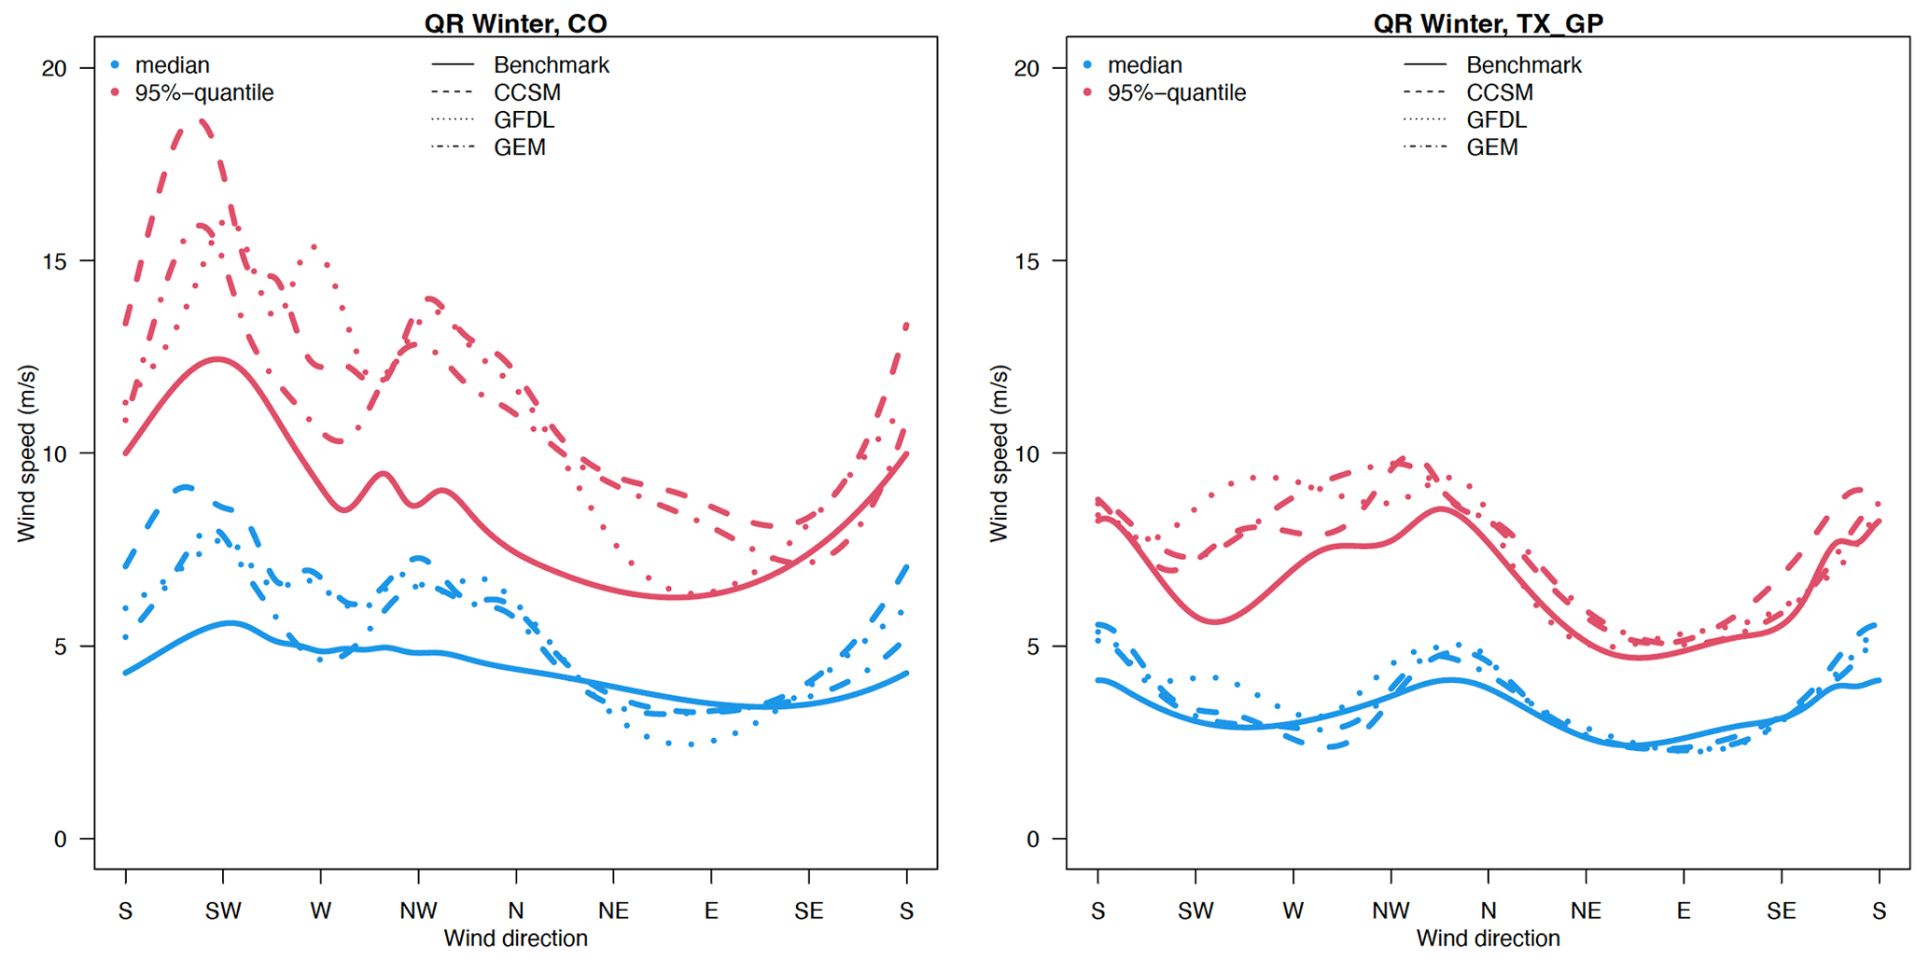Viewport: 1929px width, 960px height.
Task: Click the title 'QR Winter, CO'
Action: point(515,22)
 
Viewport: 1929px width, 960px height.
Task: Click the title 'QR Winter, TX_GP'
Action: point(1488,22)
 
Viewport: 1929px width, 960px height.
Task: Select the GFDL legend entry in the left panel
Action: point(524,120)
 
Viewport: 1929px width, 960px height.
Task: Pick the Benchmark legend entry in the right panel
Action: point(1523,65)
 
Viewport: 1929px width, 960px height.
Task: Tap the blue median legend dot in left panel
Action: point(116,65)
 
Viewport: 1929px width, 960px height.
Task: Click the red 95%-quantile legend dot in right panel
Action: point(1088,93)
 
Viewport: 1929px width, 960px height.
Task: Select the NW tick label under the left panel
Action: point(418,911)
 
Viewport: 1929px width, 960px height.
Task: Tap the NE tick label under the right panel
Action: point(1586,911)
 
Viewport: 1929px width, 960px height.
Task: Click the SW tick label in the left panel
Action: point(223,911)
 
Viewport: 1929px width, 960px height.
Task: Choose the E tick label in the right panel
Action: point(1684,911)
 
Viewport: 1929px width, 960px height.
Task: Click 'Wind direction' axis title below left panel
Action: point(515,939)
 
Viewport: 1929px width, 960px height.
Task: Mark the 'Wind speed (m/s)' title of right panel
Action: point(999,453)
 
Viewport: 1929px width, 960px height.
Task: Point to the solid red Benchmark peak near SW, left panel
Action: point(217,358)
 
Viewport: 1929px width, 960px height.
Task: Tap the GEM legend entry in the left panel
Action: point(520,147)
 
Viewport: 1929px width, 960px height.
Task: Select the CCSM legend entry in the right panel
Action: point(1499,92)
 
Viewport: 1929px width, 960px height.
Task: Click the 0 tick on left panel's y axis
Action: point(60,840)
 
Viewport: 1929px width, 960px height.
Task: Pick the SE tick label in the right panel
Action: point(1781,911)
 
